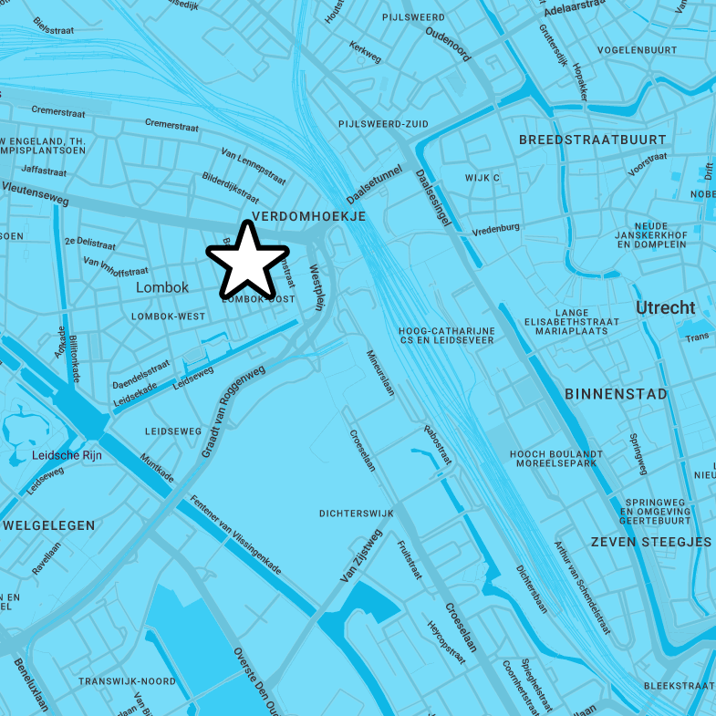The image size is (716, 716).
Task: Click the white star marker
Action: (247, 261)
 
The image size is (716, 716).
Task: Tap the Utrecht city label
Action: (665, 308)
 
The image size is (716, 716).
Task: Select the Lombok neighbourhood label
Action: (162, 287)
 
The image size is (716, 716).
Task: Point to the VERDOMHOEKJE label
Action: (308, 216)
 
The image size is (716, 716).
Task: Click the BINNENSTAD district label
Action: (616, 394)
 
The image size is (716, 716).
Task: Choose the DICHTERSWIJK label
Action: (357, 514)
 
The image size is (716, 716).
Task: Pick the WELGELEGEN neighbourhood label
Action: (49, 525)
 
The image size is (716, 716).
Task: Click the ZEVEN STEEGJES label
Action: (650, 542)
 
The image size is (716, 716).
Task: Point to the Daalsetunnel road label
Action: (374, 184)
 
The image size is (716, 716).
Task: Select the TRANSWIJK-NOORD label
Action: (127, 681)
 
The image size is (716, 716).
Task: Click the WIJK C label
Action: (483, 178)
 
